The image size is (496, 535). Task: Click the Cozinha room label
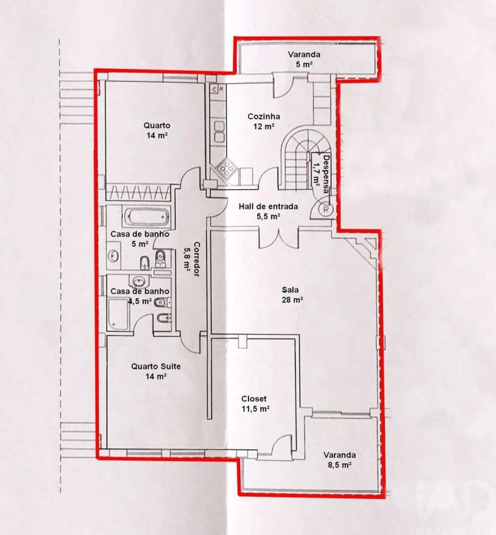(x=263, y=116)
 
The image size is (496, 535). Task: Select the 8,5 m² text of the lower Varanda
(x=339, y=465)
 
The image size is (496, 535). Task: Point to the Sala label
(x=290, y=290)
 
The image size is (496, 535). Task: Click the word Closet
(x=254, y=399)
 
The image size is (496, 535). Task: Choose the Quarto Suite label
(x=156, y=366)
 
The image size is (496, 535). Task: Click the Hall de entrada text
(x=268, y=207)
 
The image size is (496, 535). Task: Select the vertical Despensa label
(x=326, y=174)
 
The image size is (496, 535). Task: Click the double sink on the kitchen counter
(x=219, y=132)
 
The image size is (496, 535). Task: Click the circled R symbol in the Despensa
(x=326, y=210)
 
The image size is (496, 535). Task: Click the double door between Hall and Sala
(x=278, y=238)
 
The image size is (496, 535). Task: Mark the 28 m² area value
(x=292, y=300)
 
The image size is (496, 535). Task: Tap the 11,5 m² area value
(x=255, y=409)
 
